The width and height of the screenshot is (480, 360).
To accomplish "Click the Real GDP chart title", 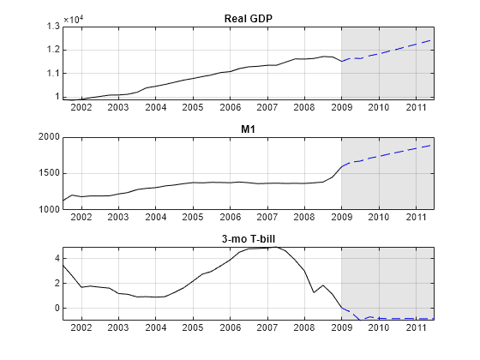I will click(248, 19).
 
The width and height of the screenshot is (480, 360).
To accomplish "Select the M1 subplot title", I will click(248, 129).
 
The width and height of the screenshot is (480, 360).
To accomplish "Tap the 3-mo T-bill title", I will click(248, 239).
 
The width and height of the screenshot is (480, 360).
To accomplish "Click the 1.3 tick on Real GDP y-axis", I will click(52, 27).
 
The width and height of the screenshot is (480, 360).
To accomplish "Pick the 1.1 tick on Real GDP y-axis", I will click(52, 73).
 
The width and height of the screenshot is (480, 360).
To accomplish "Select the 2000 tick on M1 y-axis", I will click(48, 137).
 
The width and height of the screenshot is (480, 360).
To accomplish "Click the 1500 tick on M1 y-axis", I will click(48, 173).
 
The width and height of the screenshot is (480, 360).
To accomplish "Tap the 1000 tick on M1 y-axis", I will click(48, 209).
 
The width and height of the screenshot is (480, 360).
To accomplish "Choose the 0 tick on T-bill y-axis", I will click(55, 308).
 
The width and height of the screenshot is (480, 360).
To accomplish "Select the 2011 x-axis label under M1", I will click(416, 218).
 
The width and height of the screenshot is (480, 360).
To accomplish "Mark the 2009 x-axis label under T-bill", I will click(341, 327).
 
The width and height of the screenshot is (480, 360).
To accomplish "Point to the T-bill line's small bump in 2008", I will click(322, 285).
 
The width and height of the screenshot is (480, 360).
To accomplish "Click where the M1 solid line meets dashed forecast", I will click(341, 167).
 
